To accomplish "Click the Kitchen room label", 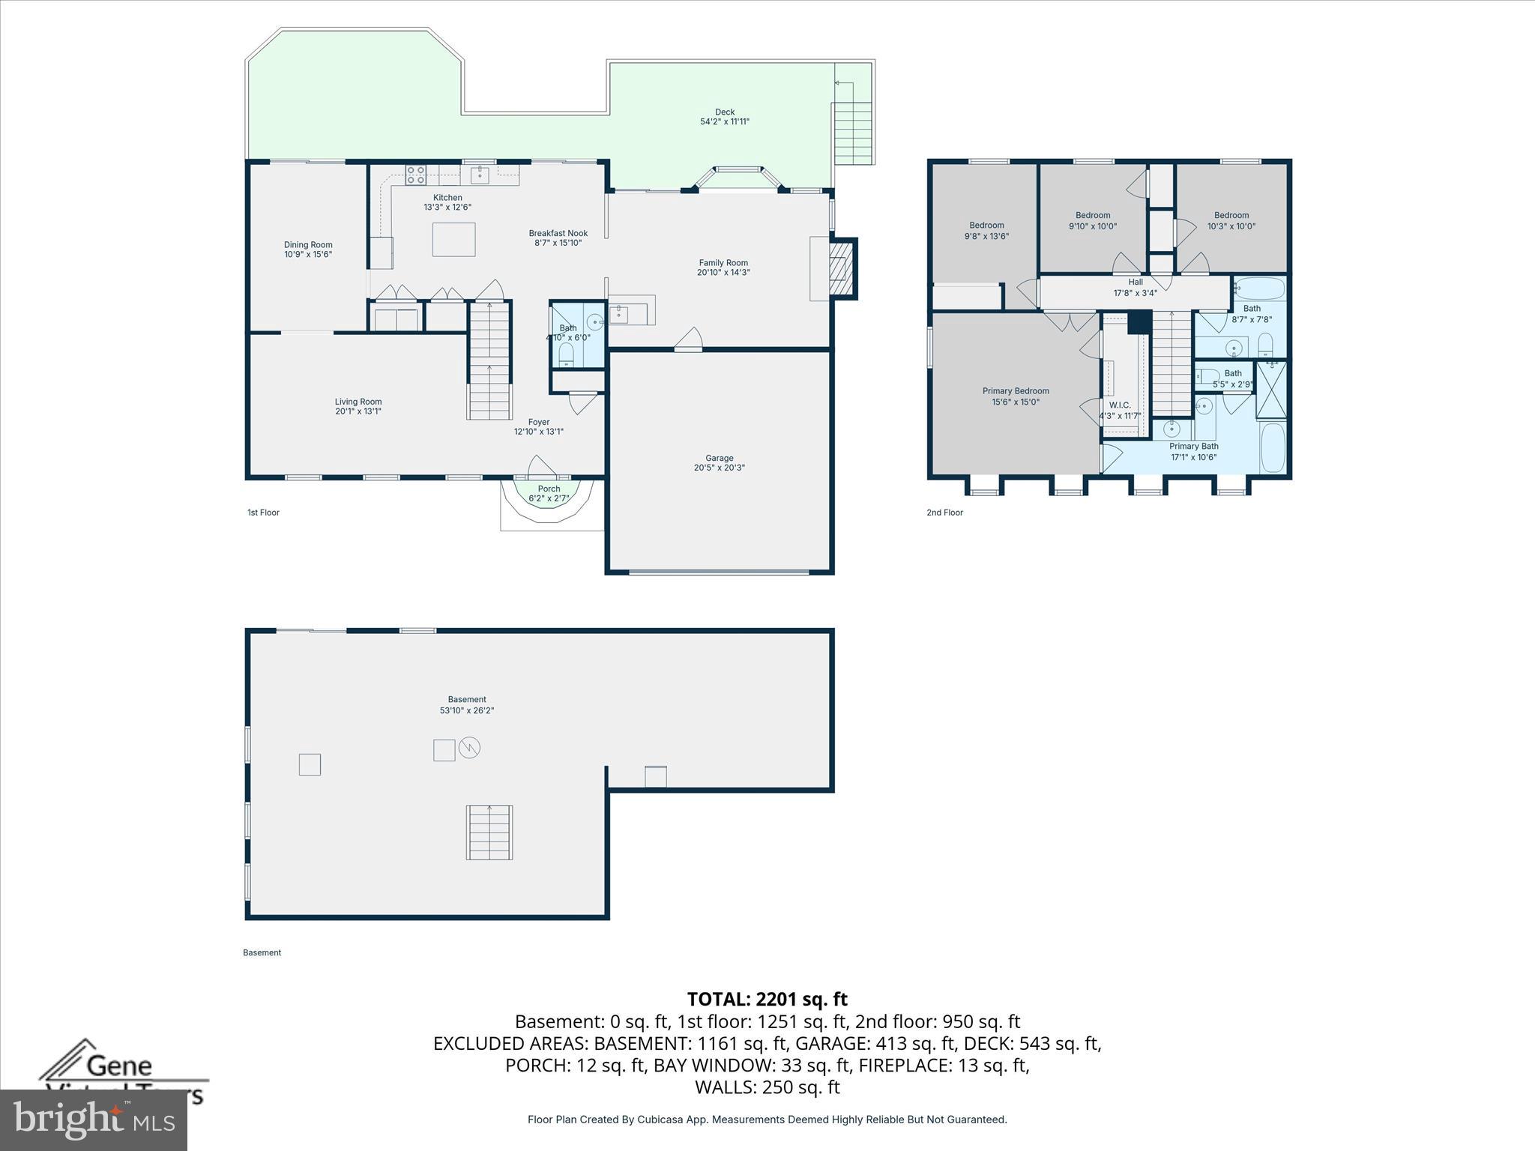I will click(447, 198).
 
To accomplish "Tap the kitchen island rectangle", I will click(453, 240).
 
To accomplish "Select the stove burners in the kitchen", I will click(415, 175).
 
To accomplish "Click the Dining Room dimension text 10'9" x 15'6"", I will click(307, 255).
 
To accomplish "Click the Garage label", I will click(719, 458).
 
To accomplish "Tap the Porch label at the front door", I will click(549, 489).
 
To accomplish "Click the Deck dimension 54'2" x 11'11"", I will click(724, 121).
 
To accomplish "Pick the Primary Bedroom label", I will click(1016, 391).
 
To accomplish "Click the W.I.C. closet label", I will click(1120, 405).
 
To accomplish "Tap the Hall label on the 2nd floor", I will click(1136, 283).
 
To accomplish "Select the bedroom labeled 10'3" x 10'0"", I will click(1231, 220).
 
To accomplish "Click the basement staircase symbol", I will click(489, 833).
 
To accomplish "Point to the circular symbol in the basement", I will click(469, 747).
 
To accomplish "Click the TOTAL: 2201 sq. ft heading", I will click(767, 999).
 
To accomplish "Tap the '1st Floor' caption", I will click(263, 513).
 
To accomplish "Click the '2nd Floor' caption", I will click(944, 513).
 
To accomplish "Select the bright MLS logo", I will click(93, 1119).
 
